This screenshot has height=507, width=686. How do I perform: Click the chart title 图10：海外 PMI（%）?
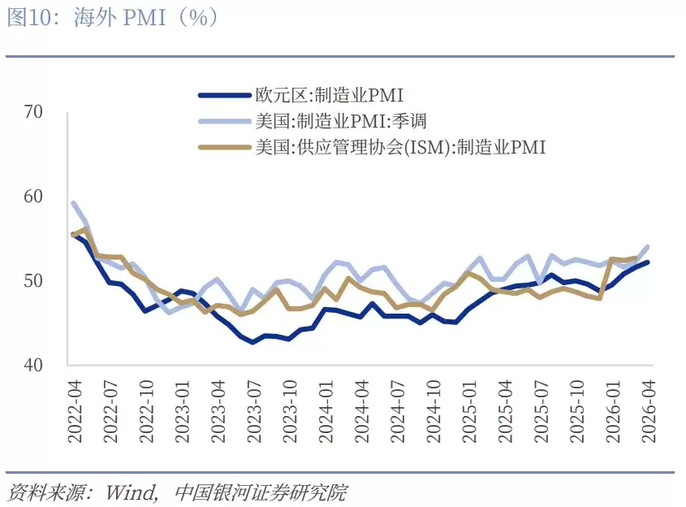click(x=113, y=18)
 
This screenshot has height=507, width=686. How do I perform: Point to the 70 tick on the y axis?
click(x=33, y=112)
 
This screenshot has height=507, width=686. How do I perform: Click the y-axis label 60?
click(x=33, y=197)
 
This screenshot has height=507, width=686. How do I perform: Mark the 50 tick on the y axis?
click(x=33, y=281)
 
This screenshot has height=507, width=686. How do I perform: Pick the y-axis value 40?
click(x=33, y=366)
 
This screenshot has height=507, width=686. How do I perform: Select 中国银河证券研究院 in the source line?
click(x=261, y=492)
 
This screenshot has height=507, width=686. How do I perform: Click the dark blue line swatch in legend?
click(x=224, y=96)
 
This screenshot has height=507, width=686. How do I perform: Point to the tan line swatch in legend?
click(x=224, y=147)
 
